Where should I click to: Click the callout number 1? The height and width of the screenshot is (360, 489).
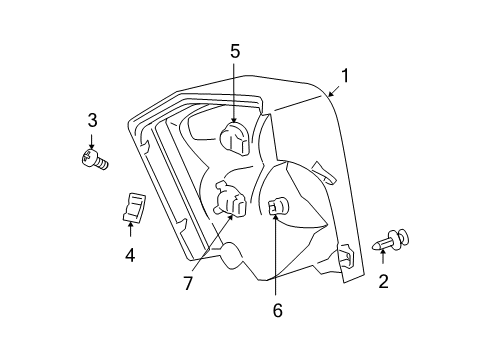point(344,75)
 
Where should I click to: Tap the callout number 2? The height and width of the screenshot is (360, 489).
point(383,282)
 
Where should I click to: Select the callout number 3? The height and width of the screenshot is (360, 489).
point(92,121)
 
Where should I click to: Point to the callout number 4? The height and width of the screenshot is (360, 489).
point(130,256)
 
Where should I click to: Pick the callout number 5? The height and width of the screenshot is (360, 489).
point(235,51)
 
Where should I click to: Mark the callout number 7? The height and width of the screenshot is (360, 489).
point(188,284)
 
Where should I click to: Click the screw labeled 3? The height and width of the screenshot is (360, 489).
point(96,159)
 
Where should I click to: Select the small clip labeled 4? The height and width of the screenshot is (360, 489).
point(131,206)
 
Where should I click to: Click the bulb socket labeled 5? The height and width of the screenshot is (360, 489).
point(236,137)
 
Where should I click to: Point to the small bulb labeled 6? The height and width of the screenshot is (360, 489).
point(278,207)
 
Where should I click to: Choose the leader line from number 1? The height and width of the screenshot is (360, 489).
point(305,99)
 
